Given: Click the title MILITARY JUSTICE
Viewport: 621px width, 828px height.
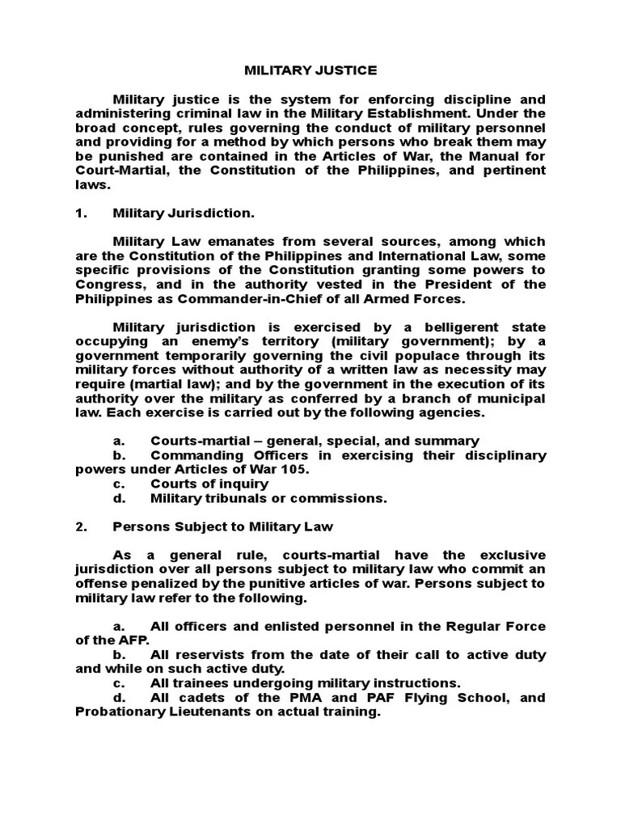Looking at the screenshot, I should coord(310,70).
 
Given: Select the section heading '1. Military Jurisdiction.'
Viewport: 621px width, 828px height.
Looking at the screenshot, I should coord(184,213).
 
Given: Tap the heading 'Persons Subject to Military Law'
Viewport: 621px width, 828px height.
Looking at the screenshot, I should coord(222,526).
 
